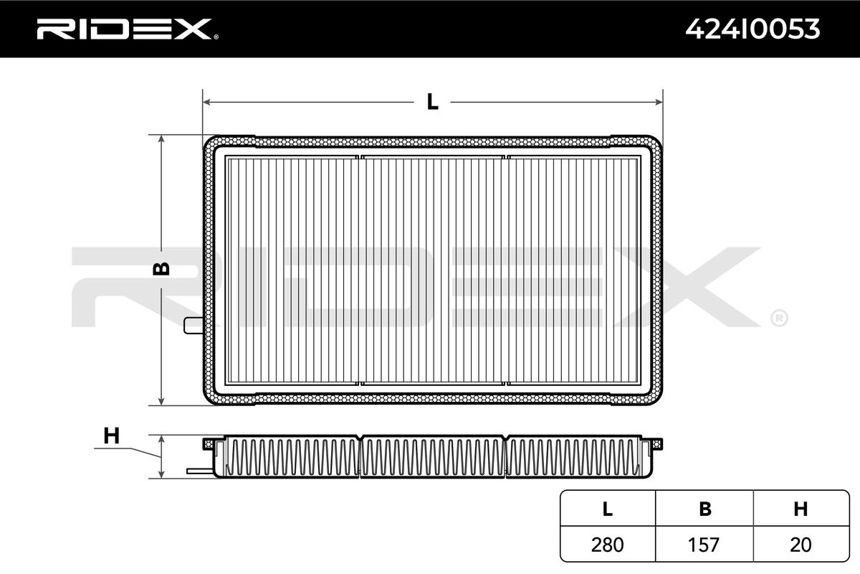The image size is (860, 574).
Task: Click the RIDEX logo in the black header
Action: pyautogui.click(x=128, y=29)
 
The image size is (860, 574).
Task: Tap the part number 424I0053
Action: pyautogui.click(x=752, y=29)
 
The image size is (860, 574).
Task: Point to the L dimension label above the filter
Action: pyautogui.click(x=432, y=102)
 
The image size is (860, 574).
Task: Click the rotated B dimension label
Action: pyautogui.click(x=161, y=268)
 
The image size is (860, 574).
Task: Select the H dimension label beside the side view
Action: pyautogui.click(x=111, y=436)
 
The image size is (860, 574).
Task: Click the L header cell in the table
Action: pyautogui.click(x=608, y=509)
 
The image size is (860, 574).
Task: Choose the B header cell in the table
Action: pyautogui.click(x=704, y=509)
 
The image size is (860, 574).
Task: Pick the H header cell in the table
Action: pyautogui.click(x=801, y=509)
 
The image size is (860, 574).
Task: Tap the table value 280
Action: pyautogui.click(x=608, y=545)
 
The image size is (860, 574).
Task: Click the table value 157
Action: pyautogui.click(x=704, y=545)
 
